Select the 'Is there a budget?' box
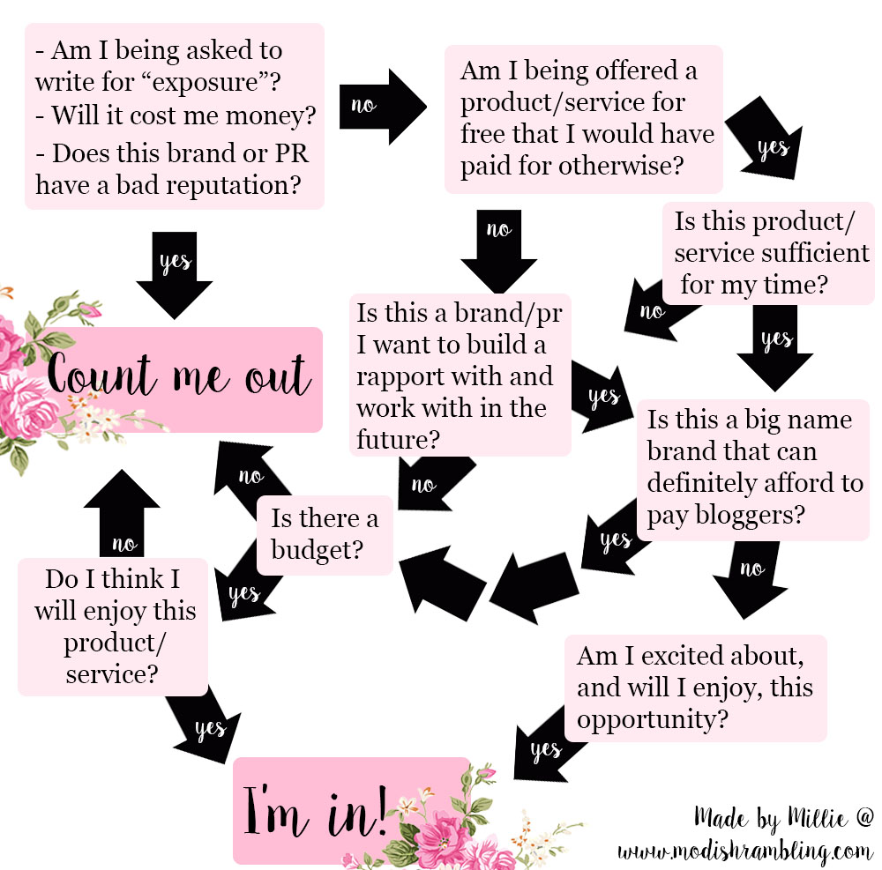coord(324,534)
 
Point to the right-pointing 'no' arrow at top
coord(379,106)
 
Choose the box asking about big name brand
coord(755,468)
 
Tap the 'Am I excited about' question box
coord(695,688)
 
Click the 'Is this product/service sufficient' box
coord(766,255)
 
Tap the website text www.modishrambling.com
coord(745,852)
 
